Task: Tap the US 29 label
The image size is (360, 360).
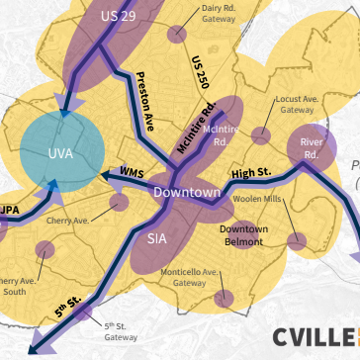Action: click(118, 17)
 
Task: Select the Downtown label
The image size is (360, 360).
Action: click(187, 192)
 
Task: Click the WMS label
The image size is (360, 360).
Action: click(133, 172)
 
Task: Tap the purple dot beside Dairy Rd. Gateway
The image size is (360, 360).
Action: click(177, 35)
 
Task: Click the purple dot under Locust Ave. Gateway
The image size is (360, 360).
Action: click(261, 135)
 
